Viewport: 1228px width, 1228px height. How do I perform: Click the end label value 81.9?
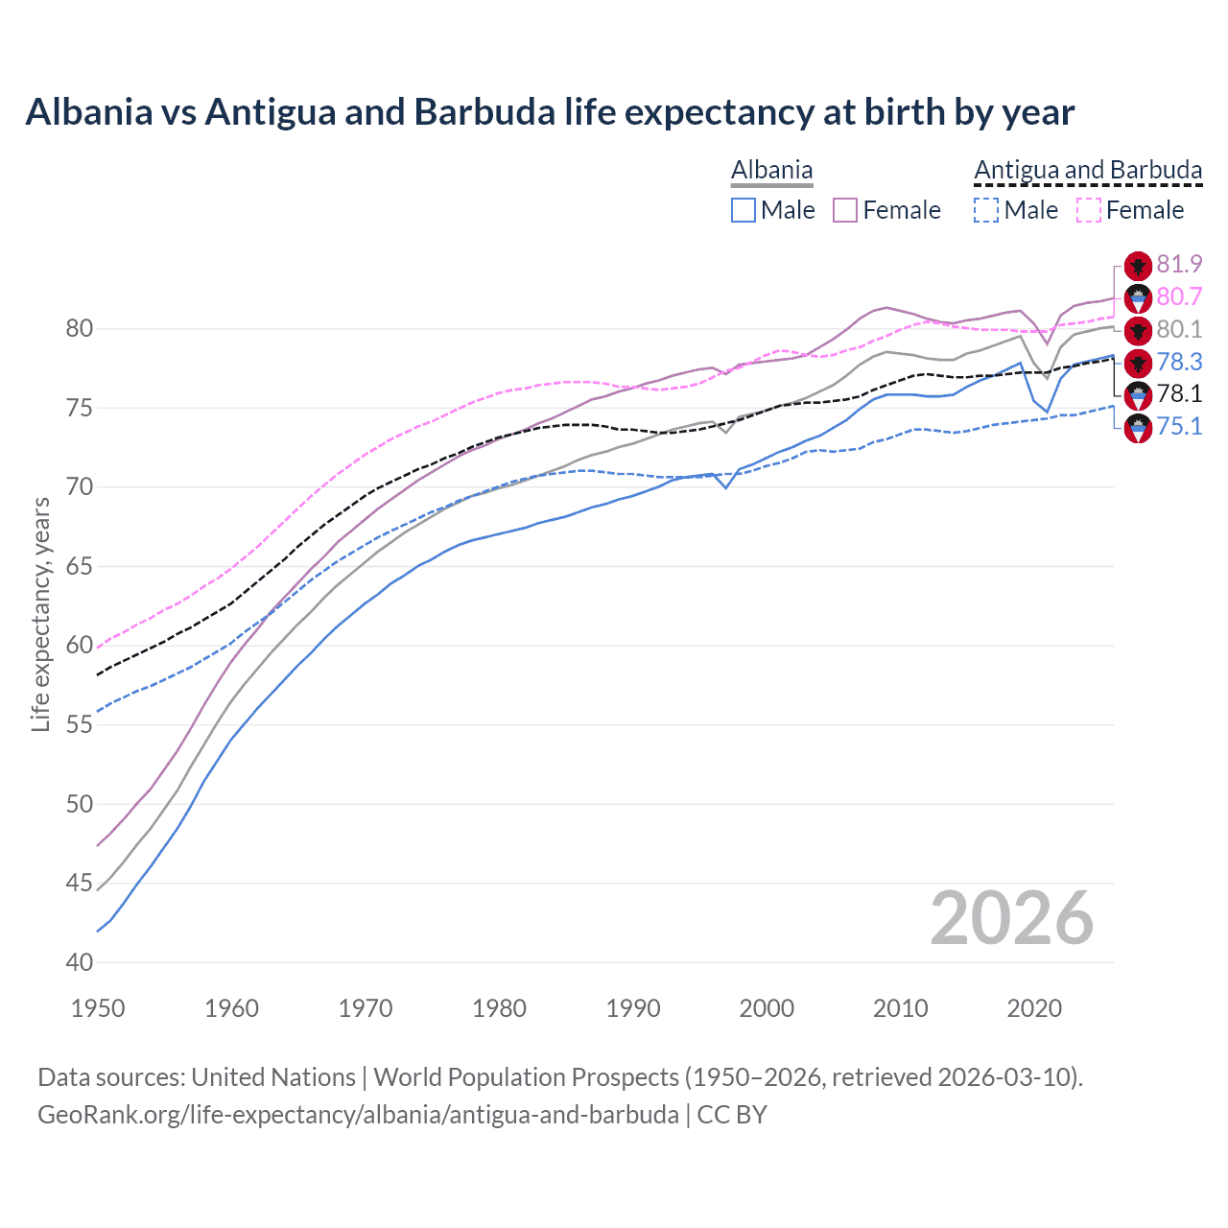(x=1179, y=264)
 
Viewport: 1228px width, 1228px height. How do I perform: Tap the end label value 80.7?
(x=1179, y=296)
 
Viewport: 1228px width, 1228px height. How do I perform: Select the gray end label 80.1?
(x=1179, y=329)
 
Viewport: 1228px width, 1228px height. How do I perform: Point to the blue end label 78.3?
(x=1179, y=362)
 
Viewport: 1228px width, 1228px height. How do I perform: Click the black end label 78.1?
(x=1179, y=393)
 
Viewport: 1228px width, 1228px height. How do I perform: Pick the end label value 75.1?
(x=1179, y=426)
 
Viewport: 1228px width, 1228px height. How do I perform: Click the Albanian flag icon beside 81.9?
(x=1138, y=266)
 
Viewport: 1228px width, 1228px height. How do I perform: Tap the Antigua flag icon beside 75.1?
(x=1138, y=428)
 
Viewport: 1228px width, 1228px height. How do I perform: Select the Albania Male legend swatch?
(x=744, y=210)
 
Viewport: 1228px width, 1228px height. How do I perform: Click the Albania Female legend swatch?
(x=845, y=210)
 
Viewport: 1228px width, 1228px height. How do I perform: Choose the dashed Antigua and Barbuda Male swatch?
(x=986, y=210)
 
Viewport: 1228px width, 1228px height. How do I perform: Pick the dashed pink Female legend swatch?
(x=1089, y=210)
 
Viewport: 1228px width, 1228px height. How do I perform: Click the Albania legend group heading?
(x=771, y=171)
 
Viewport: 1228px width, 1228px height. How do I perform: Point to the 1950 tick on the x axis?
(x=98, y=1008)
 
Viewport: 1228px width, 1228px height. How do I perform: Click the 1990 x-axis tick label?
(x=633, y=1008)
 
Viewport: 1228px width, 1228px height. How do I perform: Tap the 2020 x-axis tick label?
(x=1034, y=1008)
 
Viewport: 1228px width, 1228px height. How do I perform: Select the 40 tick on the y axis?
(x=80, y=962)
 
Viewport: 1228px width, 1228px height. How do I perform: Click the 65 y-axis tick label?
(x=80, y=566)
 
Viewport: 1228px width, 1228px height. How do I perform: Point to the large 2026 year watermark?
(x=1012, y=918)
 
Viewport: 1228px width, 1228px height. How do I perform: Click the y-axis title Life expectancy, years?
(x=40, y=615)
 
